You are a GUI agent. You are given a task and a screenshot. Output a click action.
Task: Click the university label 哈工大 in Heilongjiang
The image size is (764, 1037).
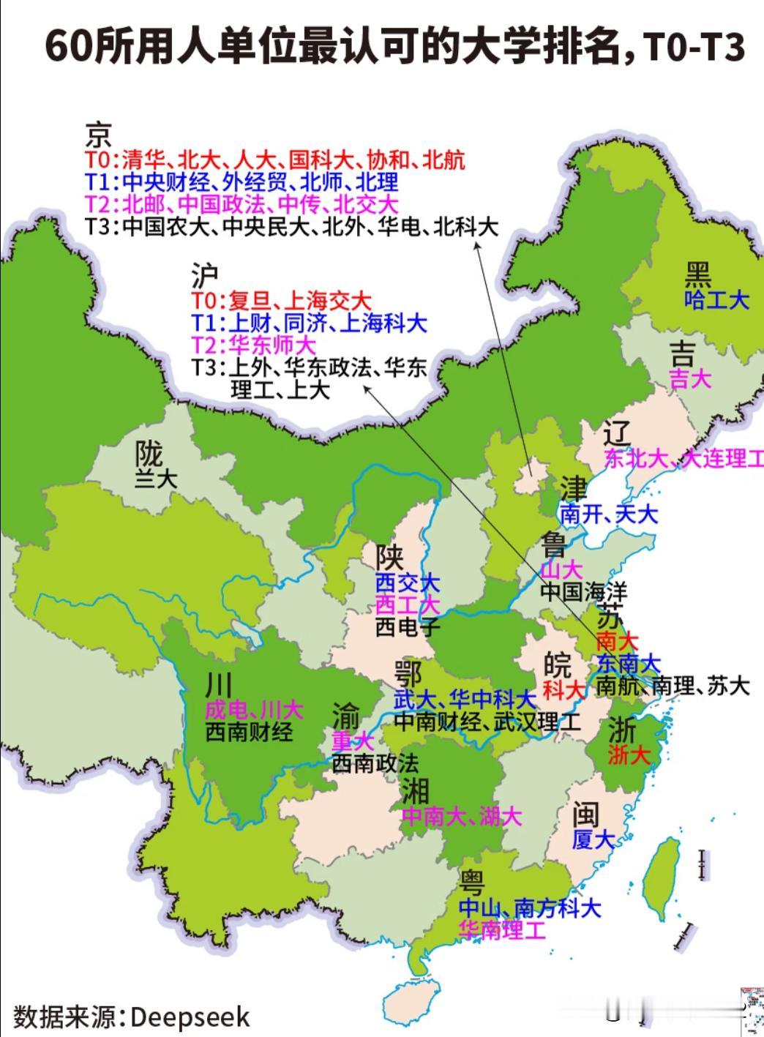pos(717,299)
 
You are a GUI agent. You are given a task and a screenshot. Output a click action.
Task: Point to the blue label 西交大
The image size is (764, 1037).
pos(408,583)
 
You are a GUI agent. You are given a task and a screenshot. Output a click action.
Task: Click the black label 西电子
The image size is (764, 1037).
pos(408,626)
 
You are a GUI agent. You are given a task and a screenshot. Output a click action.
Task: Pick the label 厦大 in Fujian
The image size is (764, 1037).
pos(593,840)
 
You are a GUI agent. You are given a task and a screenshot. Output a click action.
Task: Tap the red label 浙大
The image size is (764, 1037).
pos(629,755)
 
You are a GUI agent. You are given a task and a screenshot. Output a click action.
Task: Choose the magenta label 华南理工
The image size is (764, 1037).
pos(502,930)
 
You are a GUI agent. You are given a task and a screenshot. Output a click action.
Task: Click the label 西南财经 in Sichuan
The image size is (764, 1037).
pos(249,731)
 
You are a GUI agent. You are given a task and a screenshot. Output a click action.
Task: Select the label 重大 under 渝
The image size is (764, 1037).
pos(353,741)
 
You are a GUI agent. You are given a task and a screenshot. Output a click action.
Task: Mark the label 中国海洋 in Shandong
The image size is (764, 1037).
pos(583,591)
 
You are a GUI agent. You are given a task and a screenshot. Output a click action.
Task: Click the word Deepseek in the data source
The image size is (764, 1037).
pos(190,1017)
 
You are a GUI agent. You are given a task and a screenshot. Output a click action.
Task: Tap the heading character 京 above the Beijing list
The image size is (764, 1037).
pos(99,135)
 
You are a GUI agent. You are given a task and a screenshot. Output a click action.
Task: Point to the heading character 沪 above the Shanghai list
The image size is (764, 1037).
pos(205,277)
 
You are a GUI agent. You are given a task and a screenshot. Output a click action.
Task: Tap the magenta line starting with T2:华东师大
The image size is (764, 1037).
pos(253,344)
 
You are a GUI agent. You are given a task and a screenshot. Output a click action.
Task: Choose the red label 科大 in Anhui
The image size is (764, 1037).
pos(564,689)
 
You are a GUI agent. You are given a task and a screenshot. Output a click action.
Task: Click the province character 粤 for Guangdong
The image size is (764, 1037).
pos(472,883)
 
